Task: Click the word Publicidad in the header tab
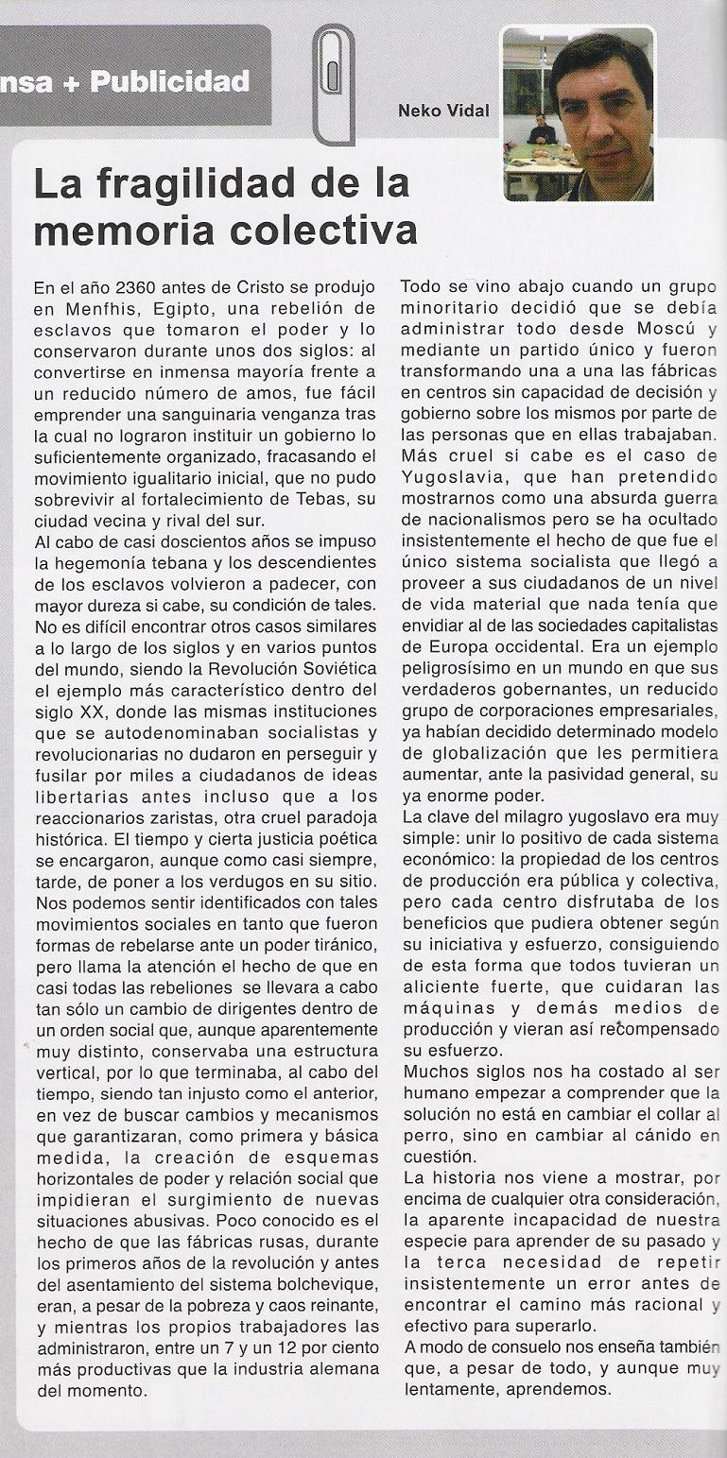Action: click(170, 80)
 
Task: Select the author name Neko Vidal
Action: click(444, 111)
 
